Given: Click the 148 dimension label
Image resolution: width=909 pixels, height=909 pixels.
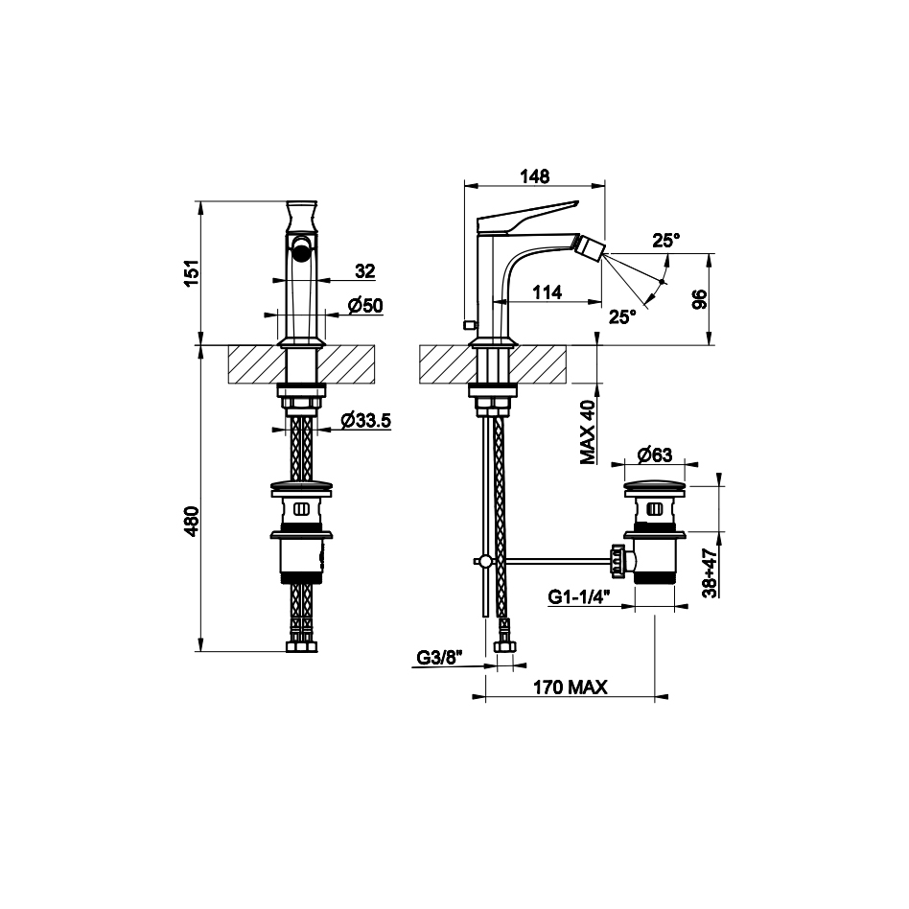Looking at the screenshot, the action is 534,176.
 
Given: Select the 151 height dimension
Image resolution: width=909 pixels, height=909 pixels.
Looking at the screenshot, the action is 192,272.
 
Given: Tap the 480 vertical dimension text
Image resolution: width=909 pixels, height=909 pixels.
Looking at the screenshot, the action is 192,521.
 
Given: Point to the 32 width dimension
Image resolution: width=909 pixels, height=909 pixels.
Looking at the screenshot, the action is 365,270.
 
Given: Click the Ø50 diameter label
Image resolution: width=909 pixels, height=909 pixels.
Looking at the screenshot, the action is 365,305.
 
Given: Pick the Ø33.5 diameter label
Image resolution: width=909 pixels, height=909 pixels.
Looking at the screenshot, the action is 366,420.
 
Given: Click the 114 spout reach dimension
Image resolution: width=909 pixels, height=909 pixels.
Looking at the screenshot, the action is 548,292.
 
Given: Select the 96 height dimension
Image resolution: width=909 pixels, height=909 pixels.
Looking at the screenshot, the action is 700,299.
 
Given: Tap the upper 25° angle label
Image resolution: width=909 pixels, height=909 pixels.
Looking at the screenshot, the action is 666,240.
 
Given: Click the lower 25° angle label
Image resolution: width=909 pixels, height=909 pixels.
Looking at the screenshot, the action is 622,316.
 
